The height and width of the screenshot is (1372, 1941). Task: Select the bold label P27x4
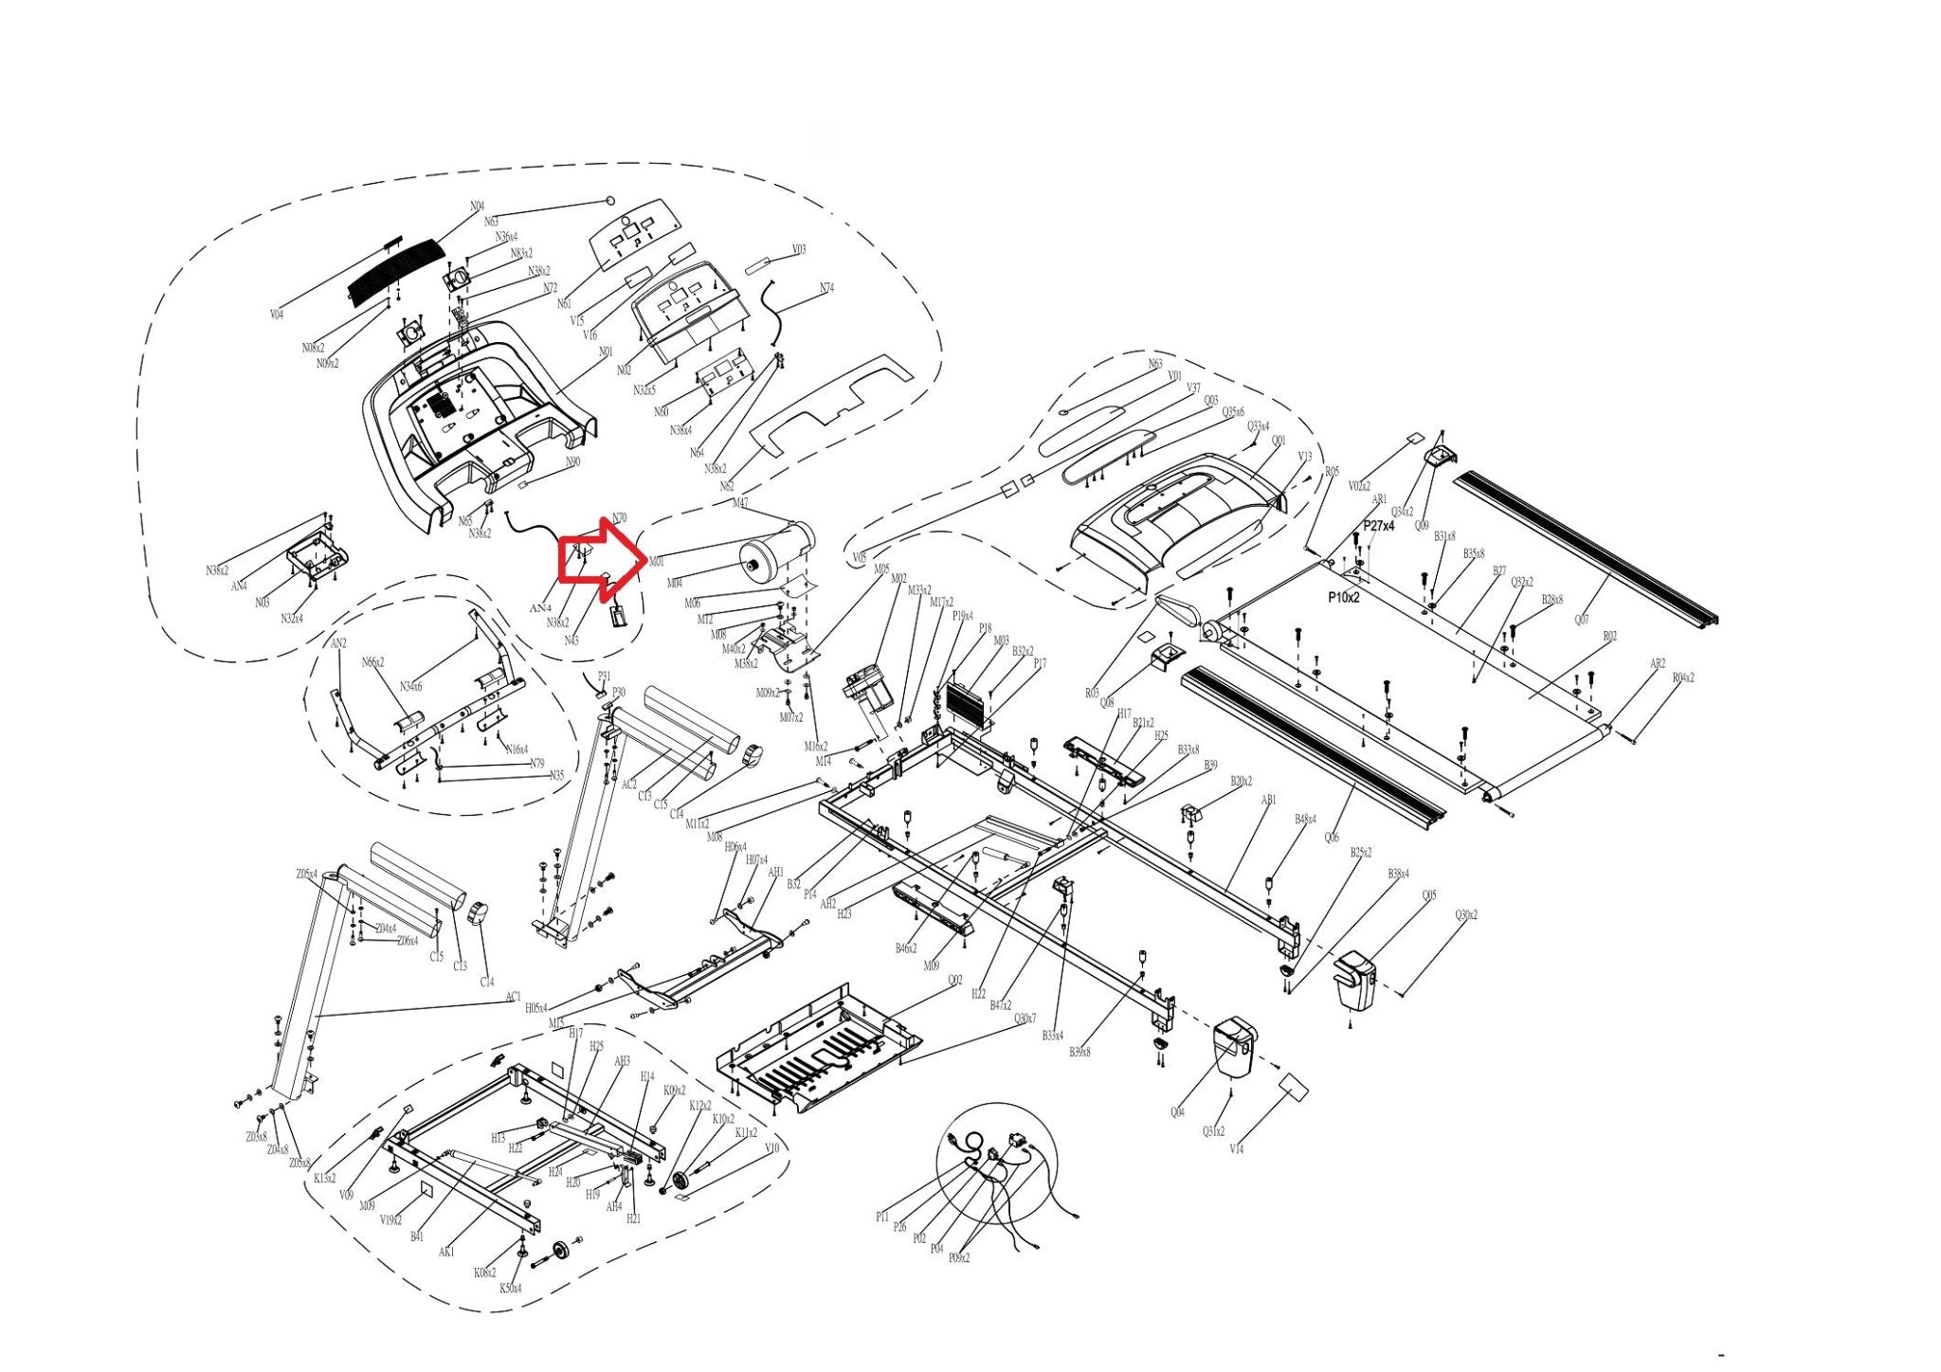[x=1378, y=525]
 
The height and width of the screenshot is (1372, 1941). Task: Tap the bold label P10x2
[x=1343, y=598]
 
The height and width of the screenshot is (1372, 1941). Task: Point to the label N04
[x=477, y=207]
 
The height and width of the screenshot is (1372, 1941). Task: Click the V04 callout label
[x=277, y=315]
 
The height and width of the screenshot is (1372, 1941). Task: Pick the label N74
[x=826, y=288]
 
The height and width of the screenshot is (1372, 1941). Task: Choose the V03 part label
[x=799, y=250]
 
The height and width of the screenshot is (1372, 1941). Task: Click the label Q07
[x=1582, y=621]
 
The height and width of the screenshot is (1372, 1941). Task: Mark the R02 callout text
[x=1609, y=637]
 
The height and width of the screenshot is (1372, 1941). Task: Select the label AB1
[x=1268, y=801]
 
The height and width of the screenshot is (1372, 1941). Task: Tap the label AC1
[x=513, y=997]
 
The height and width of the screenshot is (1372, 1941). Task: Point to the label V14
[x=1236, y=1149]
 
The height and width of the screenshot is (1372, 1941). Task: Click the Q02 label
[x=954, y=981]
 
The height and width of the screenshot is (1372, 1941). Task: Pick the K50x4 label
[x=510, y=1289]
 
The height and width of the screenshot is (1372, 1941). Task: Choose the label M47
[x=740, y=503]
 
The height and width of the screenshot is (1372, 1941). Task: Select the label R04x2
[x=1682, y=677]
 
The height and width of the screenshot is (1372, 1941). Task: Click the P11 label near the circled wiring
[x=881, y=1217]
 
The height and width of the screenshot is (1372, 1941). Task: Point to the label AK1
[x=446, y=1252]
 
